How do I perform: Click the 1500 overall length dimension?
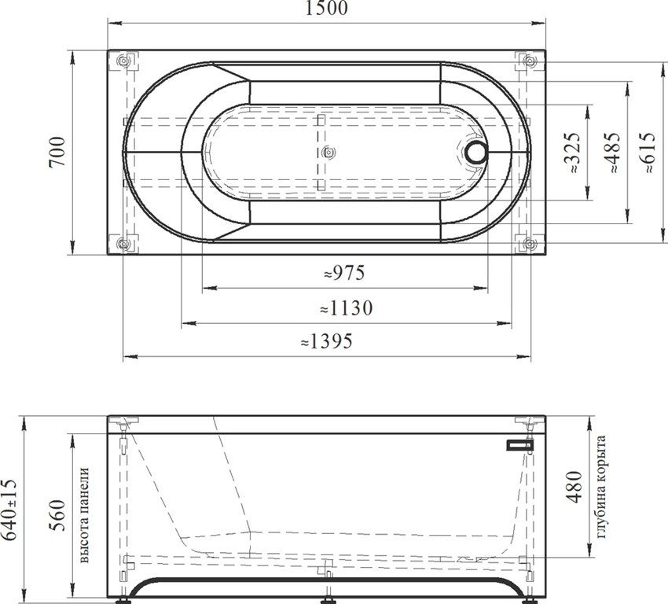coord(326,8)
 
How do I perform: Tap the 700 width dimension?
coord(57,152)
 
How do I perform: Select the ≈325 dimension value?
coord(572,152)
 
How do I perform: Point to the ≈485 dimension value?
coord(612,152)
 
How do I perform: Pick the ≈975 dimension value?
coord(344,273)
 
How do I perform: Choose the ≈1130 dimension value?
coord(347,308)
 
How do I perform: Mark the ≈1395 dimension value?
coord(327,341)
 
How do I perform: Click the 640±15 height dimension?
coord(9,510)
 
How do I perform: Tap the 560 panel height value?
coord(57,515)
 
